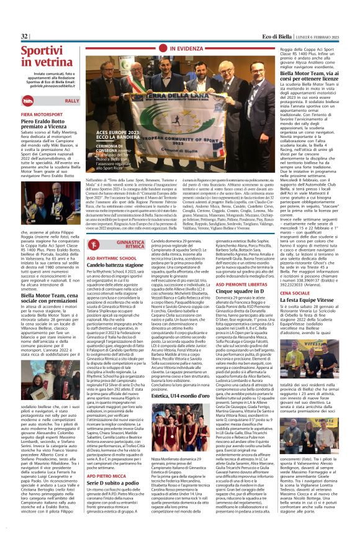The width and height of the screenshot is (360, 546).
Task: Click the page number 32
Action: tap(24, 37)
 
